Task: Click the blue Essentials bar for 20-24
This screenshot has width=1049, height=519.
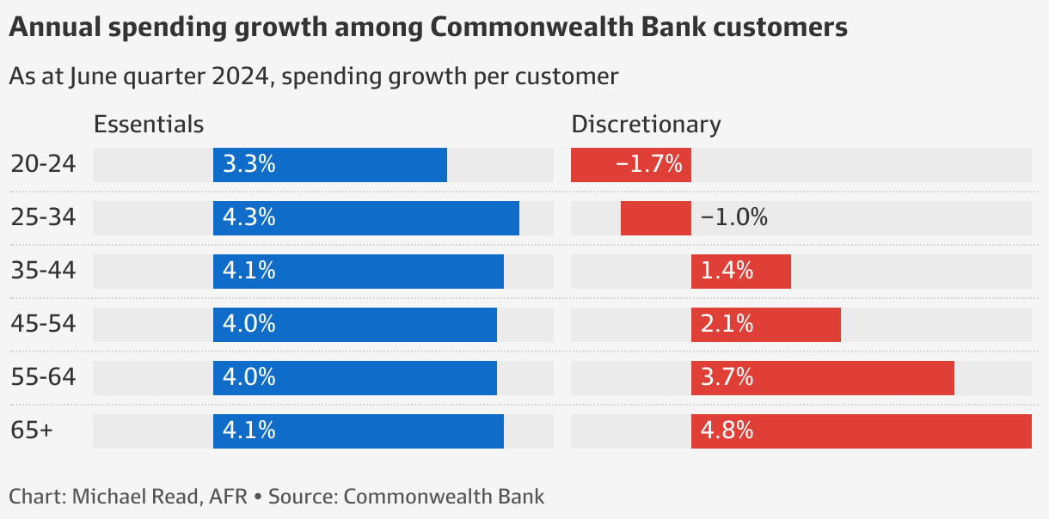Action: point(330,165)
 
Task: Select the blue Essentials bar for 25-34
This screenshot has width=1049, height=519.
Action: point(366,218)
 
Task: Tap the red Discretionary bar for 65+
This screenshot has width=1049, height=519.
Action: point(861,431)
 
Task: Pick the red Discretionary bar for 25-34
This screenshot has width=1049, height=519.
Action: point(655,218)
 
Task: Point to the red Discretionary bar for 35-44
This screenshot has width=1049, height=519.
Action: point(740,272)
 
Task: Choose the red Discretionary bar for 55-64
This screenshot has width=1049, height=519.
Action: point(822,378)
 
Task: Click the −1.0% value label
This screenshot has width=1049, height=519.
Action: point(733,218)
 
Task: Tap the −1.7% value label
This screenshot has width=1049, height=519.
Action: point(649,164)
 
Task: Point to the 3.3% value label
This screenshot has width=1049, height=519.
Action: point(248,164)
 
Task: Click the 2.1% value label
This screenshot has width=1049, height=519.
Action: point(727,325)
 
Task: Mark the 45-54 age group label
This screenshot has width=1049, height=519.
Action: point(43,325)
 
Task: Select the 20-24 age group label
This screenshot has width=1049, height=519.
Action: point(43,164)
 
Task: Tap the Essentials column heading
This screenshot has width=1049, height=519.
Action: point(149,125)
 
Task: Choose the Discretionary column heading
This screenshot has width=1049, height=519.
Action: point(646,125)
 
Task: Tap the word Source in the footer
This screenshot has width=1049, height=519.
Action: point(305,497)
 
